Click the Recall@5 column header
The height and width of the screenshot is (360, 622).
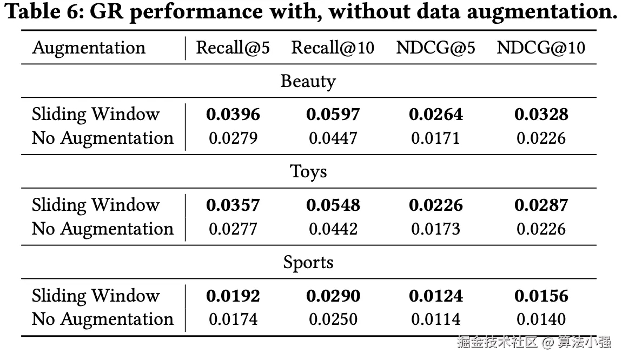233,48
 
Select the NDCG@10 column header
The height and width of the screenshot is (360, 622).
541,48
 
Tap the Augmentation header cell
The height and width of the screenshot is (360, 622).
89,49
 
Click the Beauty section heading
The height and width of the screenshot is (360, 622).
308,82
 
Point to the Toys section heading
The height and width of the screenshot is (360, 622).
308,172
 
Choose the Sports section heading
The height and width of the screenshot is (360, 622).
308,263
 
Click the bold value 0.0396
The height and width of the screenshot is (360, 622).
233,115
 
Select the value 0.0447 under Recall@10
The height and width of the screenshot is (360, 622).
333,138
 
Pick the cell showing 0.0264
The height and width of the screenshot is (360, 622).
435,115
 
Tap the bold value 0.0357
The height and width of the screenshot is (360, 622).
233,205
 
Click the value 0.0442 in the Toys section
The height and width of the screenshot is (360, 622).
333,229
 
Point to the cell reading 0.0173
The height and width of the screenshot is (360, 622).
435,229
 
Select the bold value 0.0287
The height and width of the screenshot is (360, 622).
541,205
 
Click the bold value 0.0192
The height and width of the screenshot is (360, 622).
233,296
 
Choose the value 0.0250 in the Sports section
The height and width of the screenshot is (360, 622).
333,319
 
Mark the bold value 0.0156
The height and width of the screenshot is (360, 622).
541,296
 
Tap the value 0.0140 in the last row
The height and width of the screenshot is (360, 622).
541,319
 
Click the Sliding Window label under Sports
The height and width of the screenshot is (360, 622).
96,296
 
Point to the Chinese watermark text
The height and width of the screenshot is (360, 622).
533,342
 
